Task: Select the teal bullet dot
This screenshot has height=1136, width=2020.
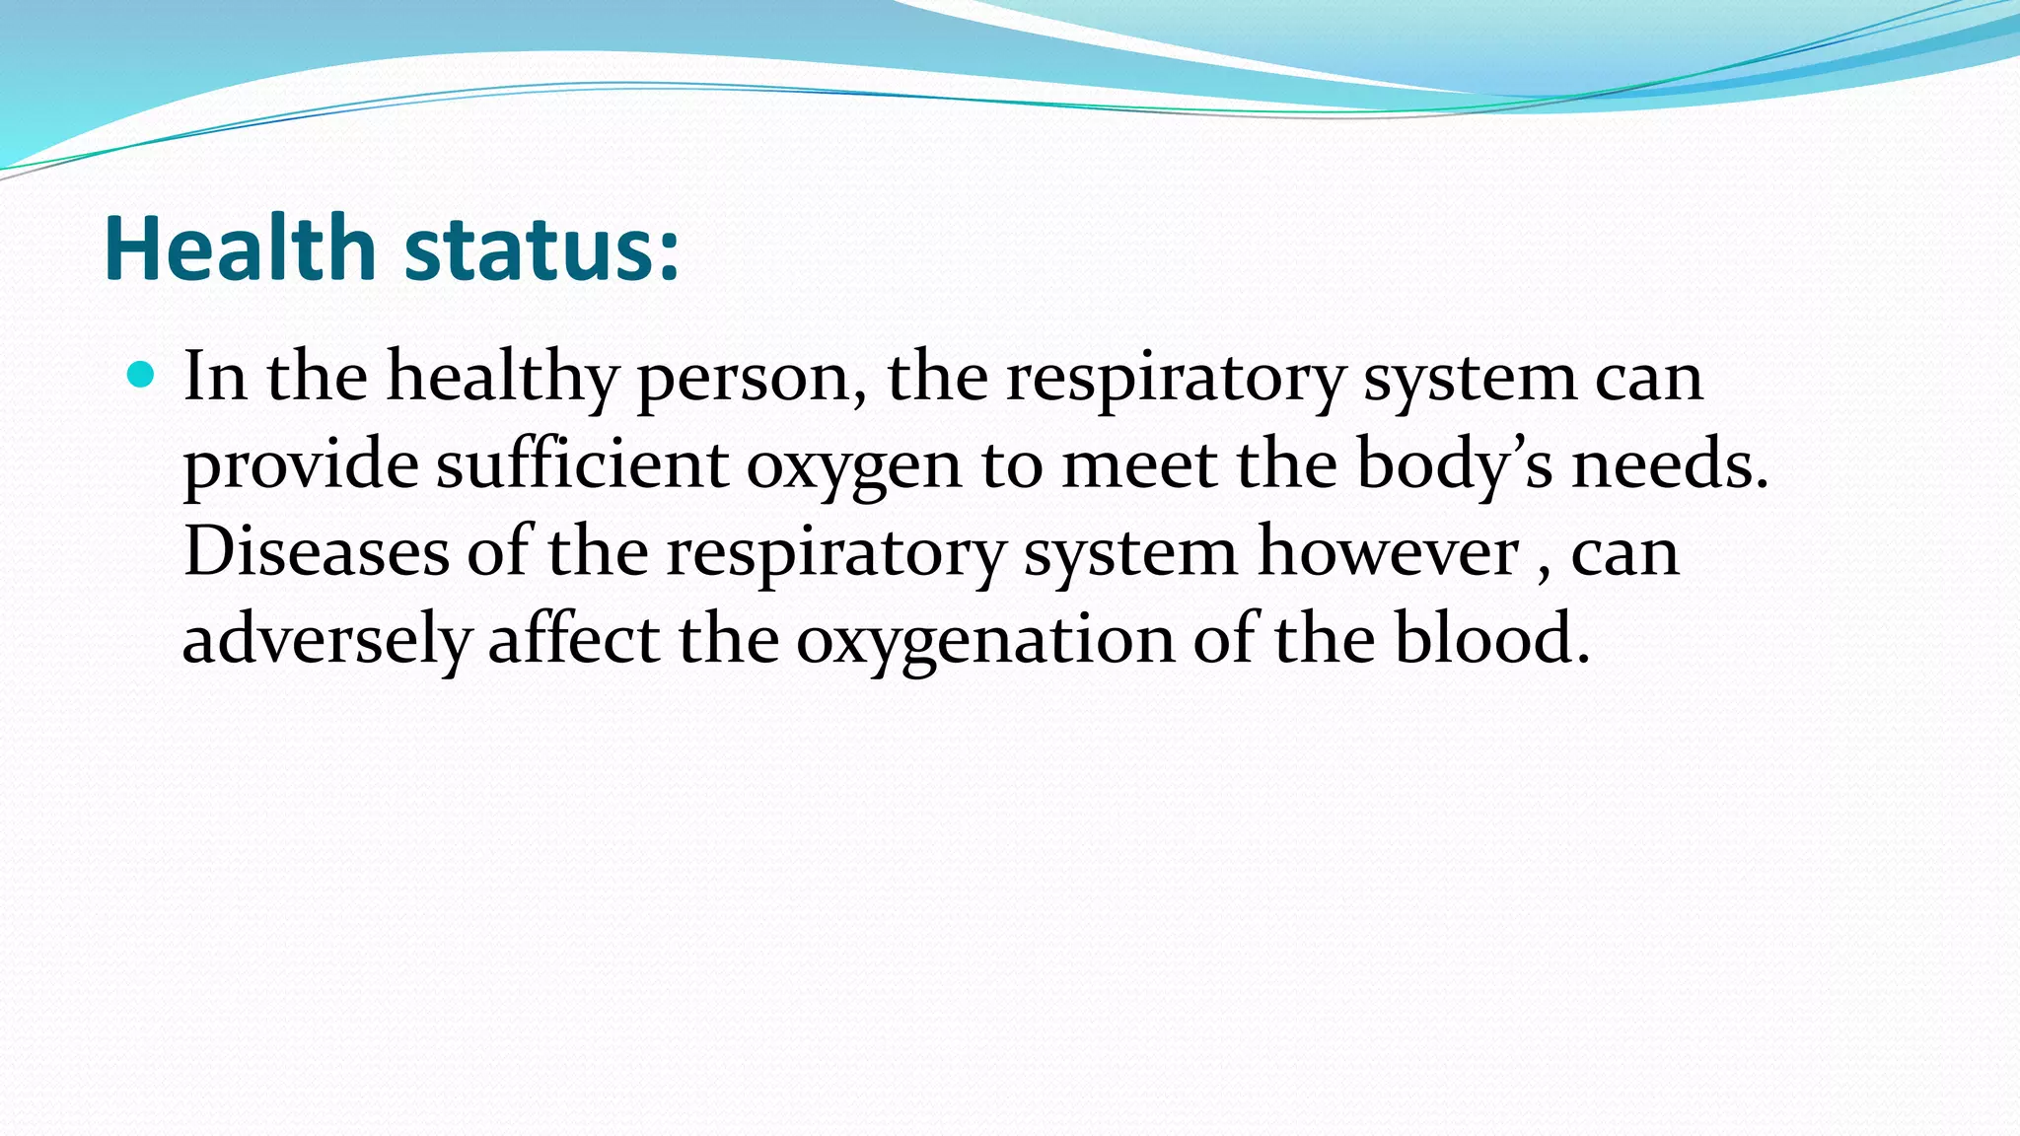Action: [142, 375]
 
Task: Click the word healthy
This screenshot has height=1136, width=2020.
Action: [502, 378]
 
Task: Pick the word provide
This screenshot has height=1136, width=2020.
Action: [301, 464]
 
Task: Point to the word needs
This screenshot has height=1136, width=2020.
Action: [1669, 464]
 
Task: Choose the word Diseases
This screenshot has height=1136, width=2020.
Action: [317, 551]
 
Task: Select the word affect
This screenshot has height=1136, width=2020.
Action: [574, 638]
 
